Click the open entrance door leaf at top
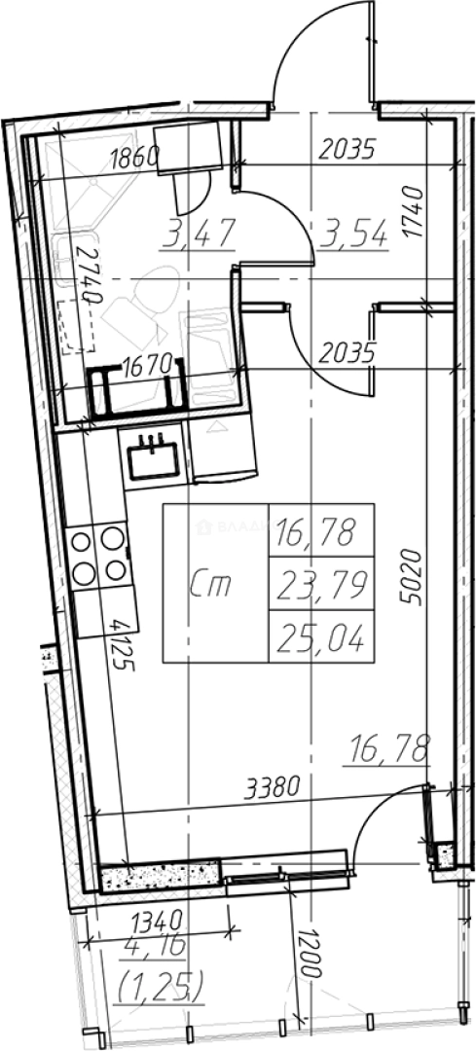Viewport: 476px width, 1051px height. click(372, 48)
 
